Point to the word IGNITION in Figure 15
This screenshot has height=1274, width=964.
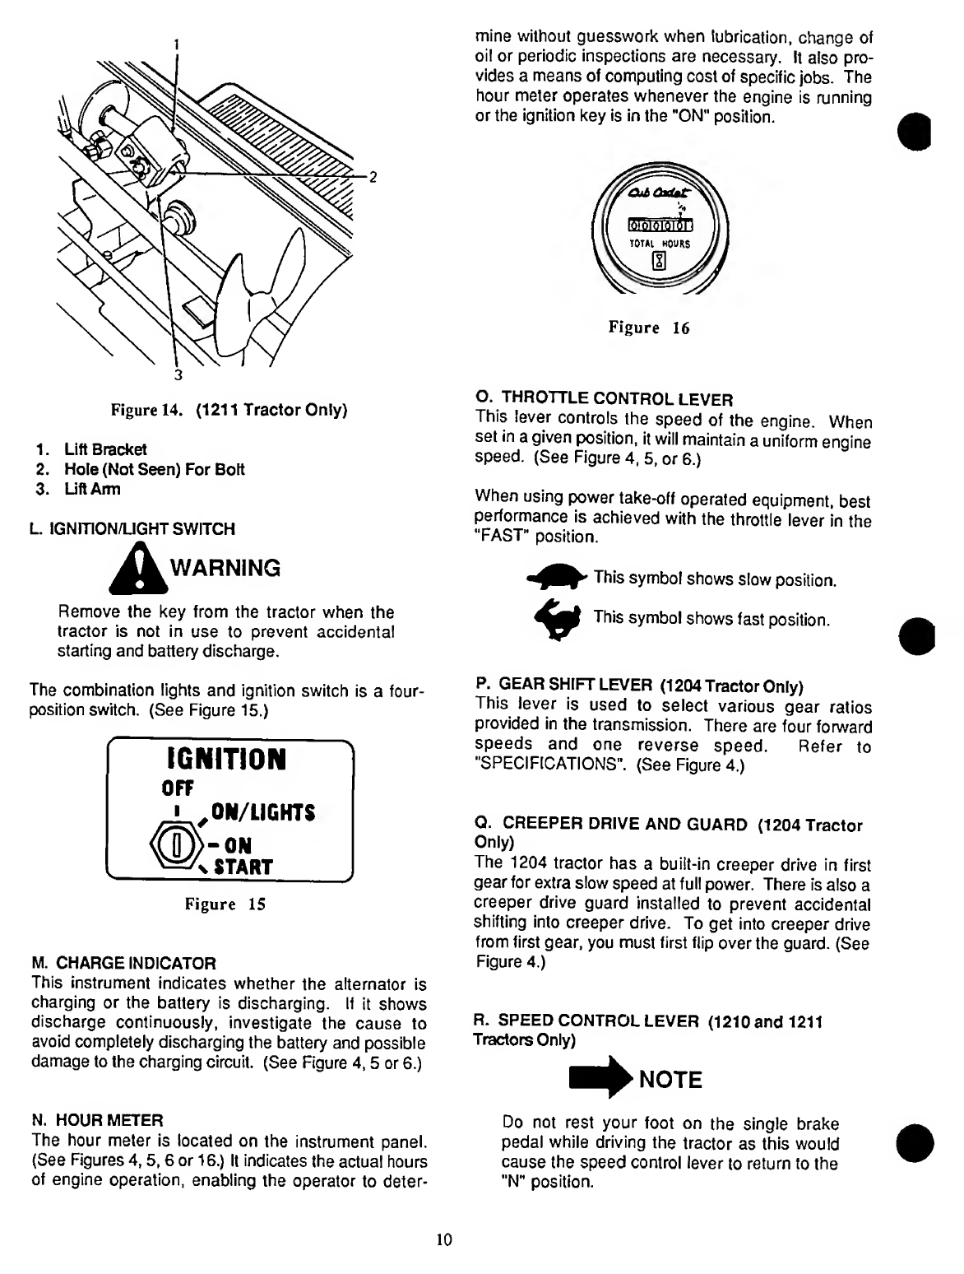click(x=223, y=759)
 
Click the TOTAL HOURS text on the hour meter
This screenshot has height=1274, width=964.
click(x=660, y=244)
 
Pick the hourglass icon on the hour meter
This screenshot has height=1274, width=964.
click(x=659, y=263)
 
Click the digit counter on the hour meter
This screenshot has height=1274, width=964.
click(x=660, y=225)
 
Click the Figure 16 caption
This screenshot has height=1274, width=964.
click(x=648, y=328)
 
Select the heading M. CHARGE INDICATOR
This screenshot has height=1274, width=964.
click(x=123, y=962)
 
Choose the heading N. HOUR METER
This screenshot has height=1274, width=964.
click(x=97, y=1120)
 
